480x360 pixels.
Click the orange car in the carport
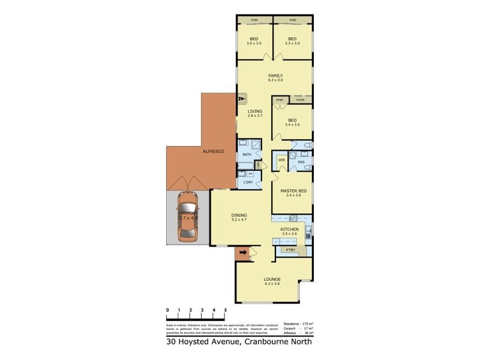click(187, 218)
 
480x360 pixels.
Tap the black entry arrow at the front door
click(242, 254)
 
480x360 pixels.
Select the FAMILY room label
click(275, 76)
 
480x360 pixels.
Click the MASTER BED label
click(293, 191)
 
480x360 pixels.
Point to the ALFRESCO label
click(213, 152)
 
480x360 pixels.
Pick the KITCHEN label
click(290, 229)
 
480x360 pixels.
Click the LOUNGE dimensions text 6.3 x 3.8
click(272, 284)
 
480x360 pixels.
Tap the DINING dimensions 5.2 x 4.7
click(239, 220)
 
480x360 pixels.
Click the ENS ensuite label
click(301, 162)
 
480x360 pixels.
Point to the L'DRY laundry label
click(247, 182)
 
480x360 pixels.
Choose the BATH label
click(247, 155)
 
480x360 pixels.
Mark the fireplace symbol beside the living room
click(242, 99)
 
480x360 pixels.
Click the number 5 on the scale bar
click(226, 310)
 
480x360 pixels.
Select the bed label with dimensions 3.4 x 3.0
click(292, 122)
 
